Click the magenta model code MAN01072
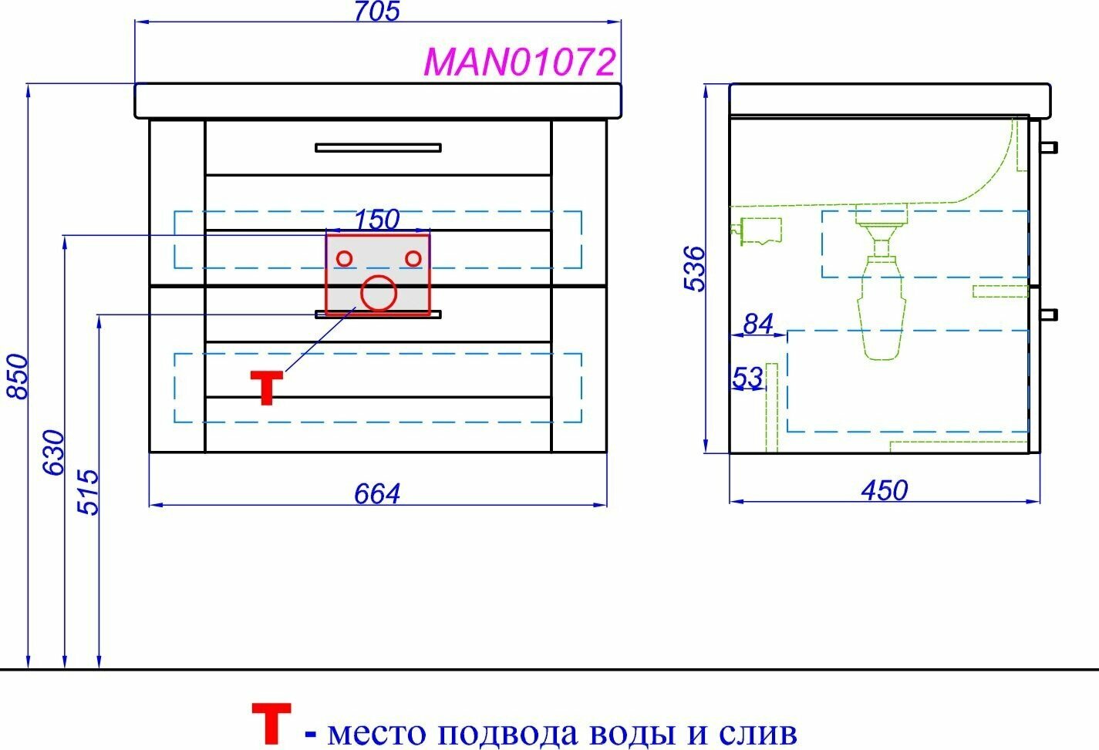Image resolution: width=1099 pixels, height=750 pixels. [x=521, y=62]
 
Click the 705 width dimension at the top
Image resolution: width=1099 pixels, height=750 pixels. [x=378, y=12]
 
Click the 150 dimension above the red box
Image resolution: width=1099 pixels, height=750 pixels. [x=377, y=220]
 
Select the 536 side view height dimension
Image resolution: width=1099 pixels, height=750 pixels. [x=695, y=267]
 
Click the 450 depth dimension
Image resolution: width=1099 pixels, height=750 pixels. [x=885, y=489]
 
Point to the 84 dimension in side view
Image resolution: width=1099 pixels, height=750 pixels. [x=757, y=324]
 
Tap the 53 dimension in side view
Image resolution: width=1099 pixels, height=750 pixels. [x=747, y=378]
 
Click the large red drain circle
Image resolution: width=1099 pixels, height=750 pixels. [x=379, y=293]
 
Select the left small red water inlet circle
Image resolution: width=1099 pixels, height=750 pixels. [x=345, y=258]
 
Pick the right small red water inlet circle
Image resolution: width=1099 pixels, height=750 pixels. [x=413, y=258]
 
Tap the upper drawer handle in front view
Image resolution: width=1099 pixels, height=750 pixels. [x=378, y=147]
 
